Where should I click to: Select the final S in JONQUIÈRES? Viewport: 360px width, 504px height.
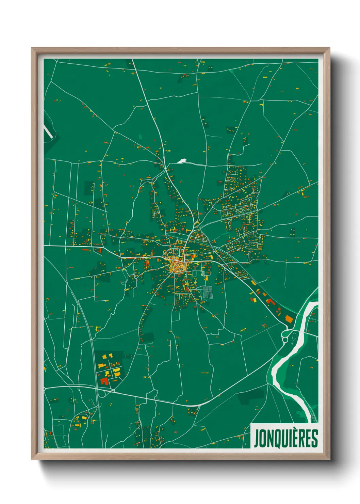click(x=315, y=439)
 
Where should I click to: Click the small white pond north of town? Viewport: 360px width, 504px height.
click(x=182, y=160)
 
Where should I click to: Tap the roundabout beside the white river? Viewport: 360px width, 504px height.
click(x=285, y=340)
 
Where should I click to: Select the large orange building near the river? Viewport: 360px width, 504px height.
click(x=289, y=319)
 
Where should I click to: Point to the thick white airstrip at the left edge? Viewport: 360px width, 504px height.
click(x=48, y=130)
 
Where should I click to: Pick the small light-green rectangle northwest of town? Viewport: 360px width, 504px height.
click(x=141, y=137)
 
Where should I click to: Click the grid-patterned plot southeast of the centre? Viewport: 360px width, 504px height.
click(x=207, y=292)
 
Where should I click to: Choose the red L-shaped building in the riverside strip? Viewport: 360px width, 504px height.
click(x=269, y=302)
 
